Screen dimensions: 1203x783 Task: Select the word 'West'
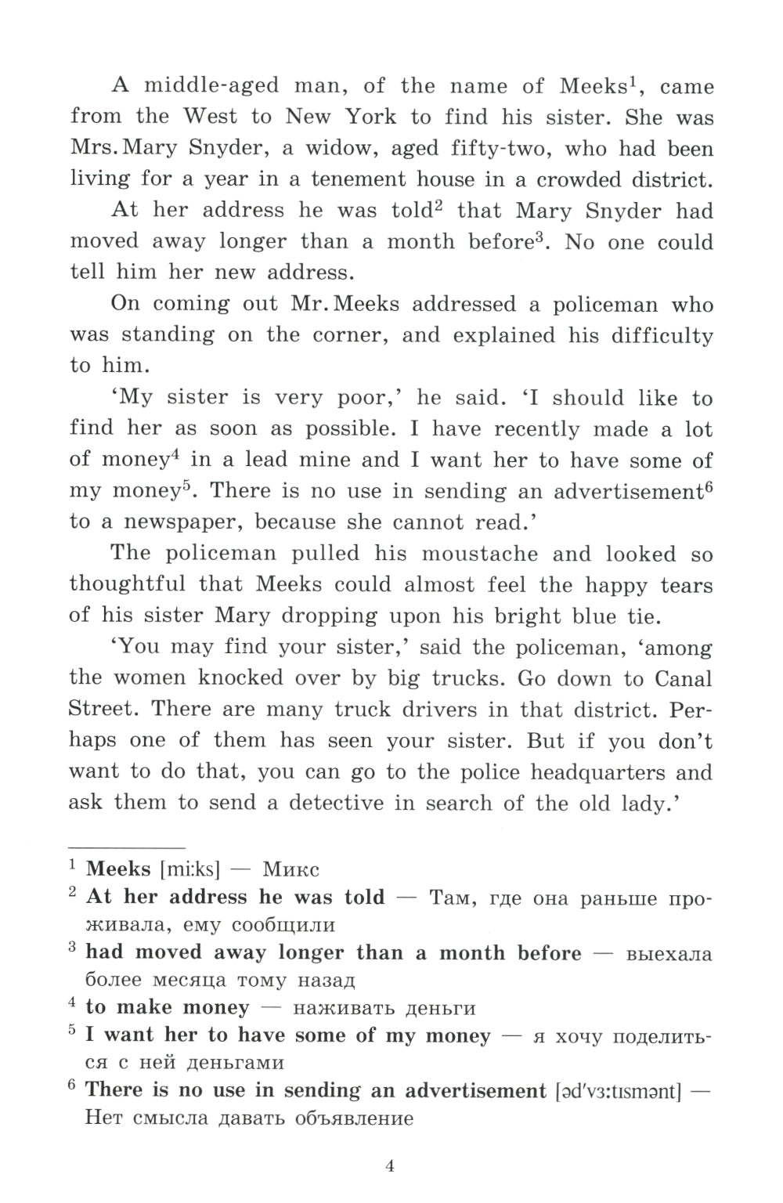tap(210, 117)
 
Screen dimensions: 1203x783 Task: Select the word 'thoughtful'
tap(128, 584)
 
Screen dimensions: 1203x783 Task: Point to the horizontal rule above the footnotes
tap(127, 847)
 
